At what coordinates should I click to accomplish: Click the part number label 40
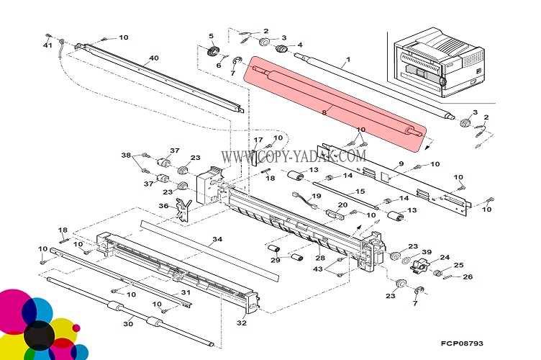click(153, 59)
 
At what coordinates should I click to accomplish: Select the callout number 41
click(47, 45)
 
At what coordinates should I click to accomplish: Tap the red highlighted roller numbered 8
click(335, 107)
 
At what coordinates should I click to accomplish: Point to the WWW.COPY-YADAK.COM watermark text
click(293, 156)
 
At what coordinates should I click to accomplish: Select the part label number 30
click(128, 324)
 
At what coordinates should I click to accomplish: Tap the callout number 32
click(242, 323)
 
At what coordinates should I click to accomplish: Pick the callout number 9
click(401, 163)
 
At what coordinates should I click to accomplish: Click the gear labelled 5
click(213, 51)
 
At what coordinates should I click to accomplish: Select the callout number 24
click(445, 257)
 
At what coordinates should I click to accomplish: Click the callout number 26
click(468, 277)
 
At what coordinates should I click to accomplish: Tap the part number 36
click(163, 206)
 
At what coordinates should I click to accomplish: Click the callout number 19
click(317, 196)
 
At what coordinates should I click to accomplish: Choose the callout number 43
click(318, 269)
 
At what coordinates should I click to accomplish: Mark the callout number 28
click(319, 257)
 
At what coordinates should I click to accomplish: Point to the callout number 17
click(258, 139)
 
